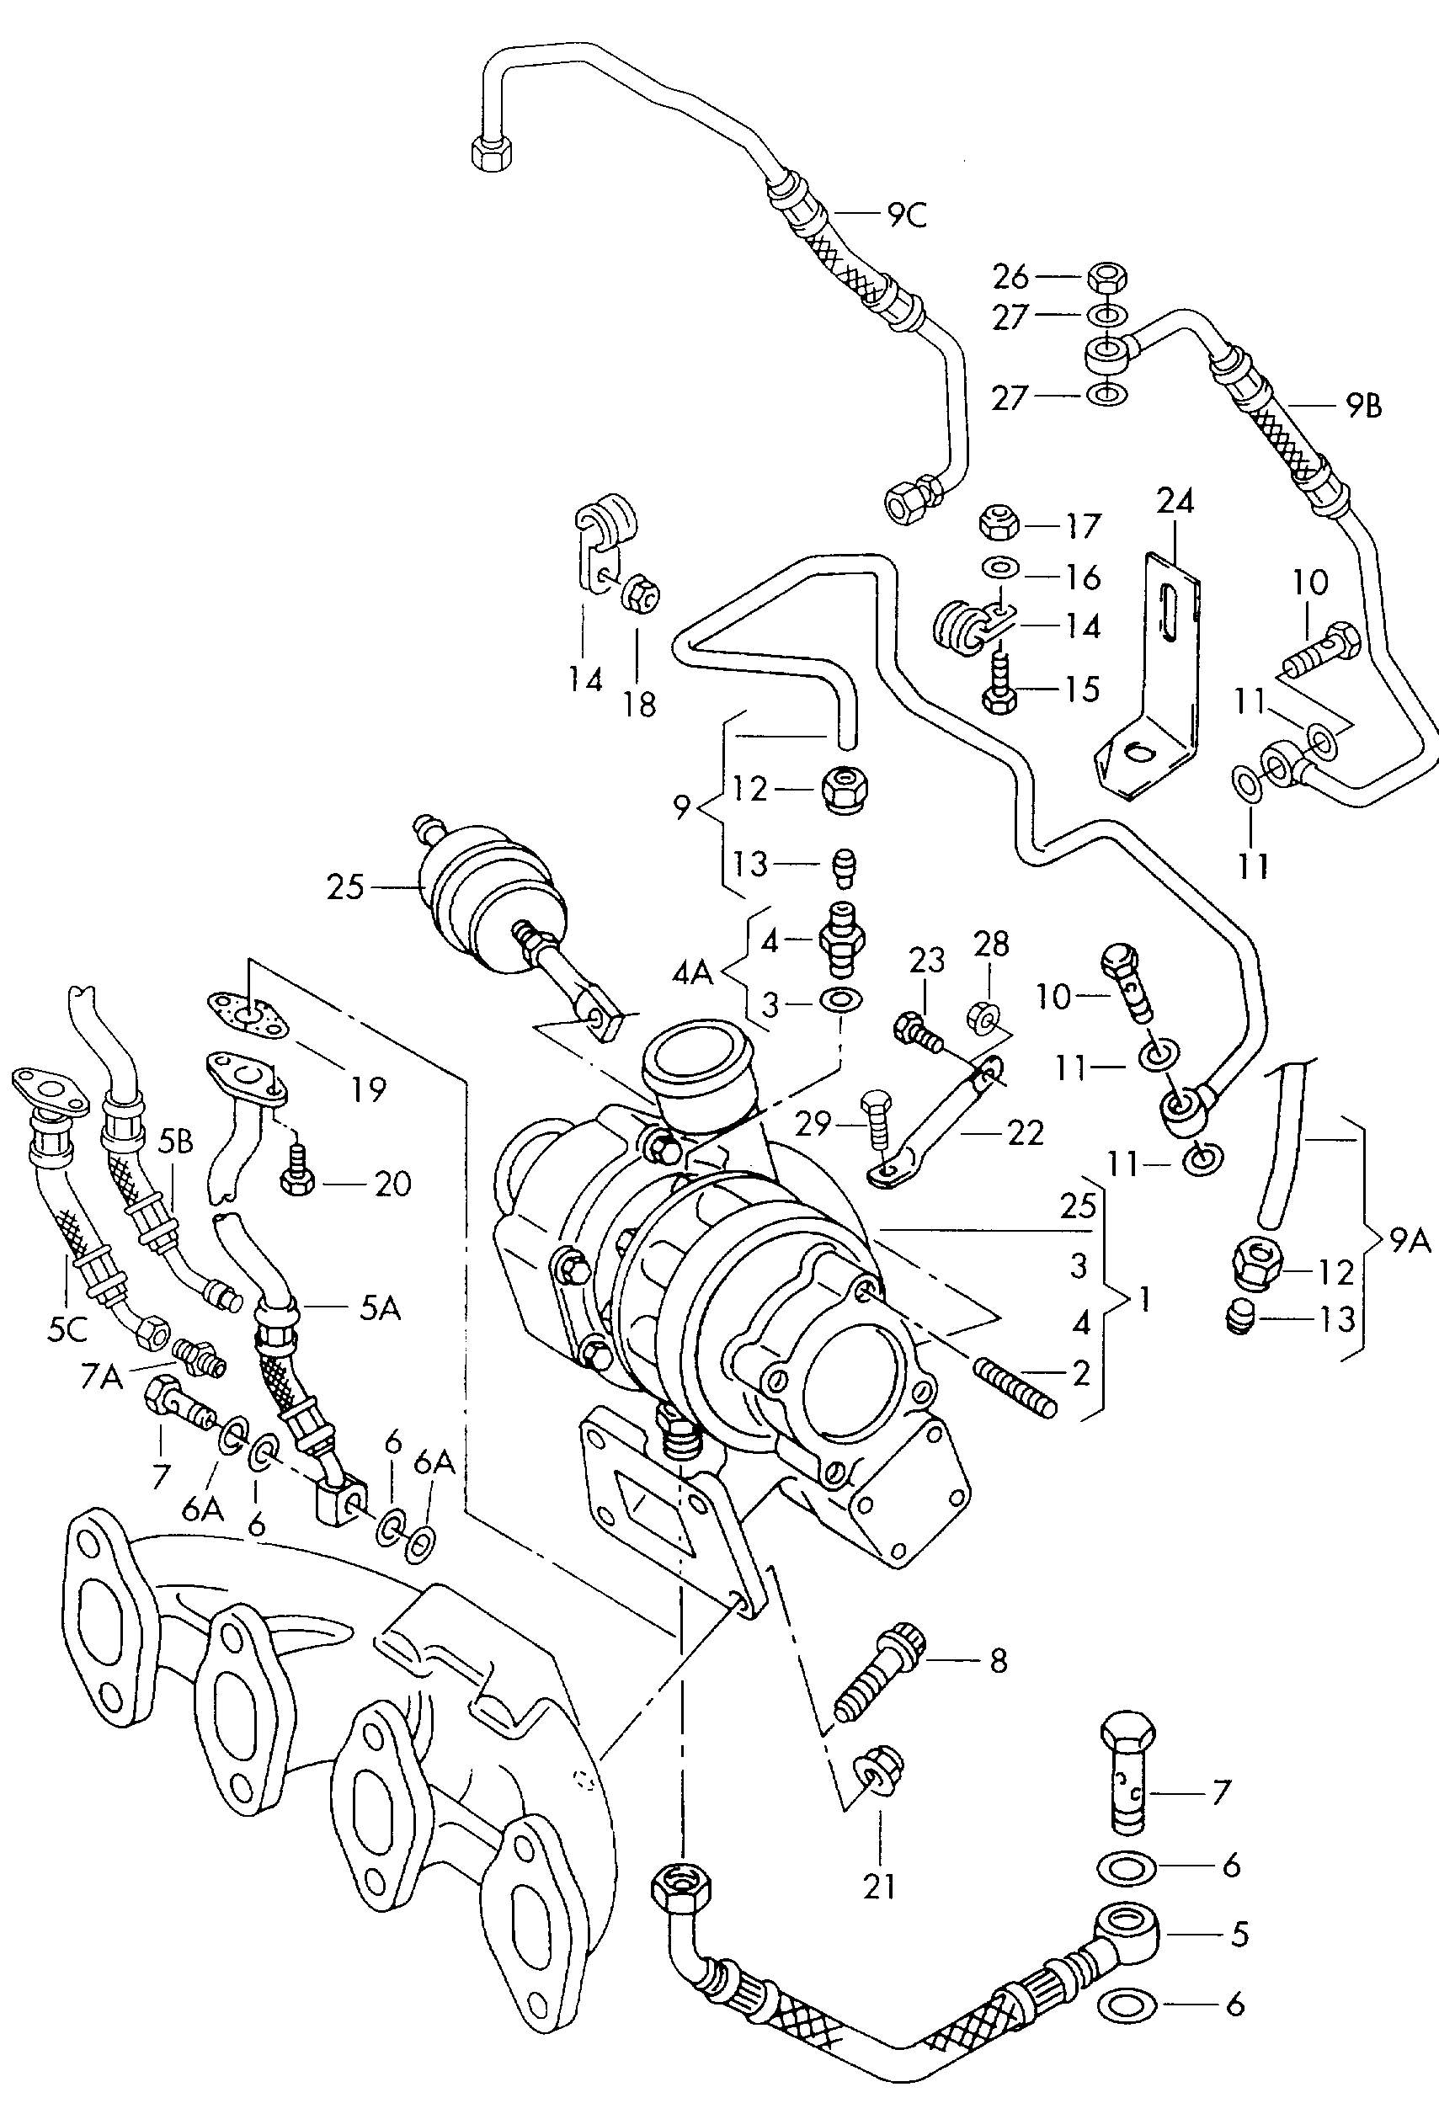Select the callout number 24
pos(1175,502)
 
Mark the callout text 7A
pos(100,1376)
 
